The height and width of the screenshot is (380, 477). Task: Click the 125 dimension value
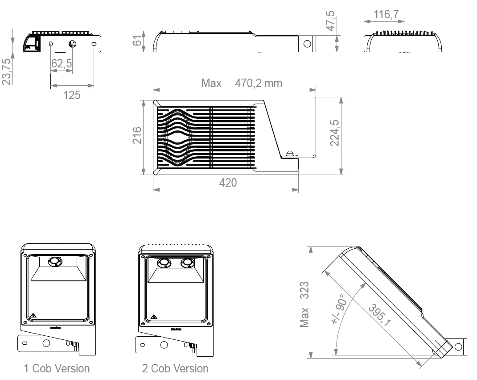pos(72,95)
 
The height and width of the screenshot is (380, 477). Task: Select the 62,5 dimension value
pos(62,64)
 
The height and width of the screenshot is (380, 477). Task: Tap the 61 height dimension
pos(137,43)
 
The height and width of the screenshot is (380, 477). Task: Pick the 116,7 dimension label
pos(386,15)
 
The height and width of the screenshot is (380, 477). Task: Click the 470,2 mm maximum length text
pos(258,83)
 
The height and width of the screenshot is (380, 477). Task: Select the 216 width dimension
pos(137,135)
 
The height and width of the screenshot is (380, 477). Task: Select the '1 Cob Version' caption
pos(57,368)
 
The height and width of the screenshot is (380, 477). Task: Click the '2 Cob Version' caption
pos(175,368)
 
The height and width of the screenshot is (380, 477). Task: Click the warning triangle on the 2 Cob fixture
pos(154,317)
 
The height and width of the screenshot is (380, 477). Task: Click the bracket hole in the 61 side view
pos(307,44)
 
